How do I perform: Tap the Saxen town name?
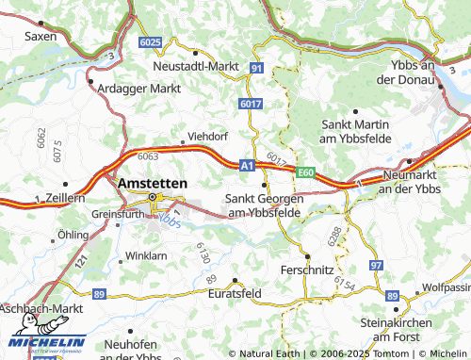(x=41, y=36)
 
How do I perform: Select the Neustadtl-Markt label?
(x=195, y=67)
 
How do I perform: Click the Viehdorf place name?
(x=207, y=135)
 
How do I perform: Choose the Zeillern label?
(x=65, y=199)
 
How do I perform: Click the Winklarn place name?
(x=146, y=255)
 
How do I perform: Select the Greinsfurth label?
(x=117, y=214)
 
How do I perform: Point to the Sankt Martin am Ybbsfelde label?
(x=355, y=131)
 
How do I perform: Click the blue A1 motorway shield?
(x=247, y=165)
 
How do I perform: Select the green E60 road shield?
(x=304, y=173)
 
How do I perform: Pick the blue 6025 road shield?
(x=149, y=43)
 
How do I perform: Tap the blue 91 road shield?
(x=256, y=68)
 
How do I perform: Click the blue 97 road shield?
(x=376, y=268)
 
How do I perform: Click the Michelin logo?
(x=47, y=343)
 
